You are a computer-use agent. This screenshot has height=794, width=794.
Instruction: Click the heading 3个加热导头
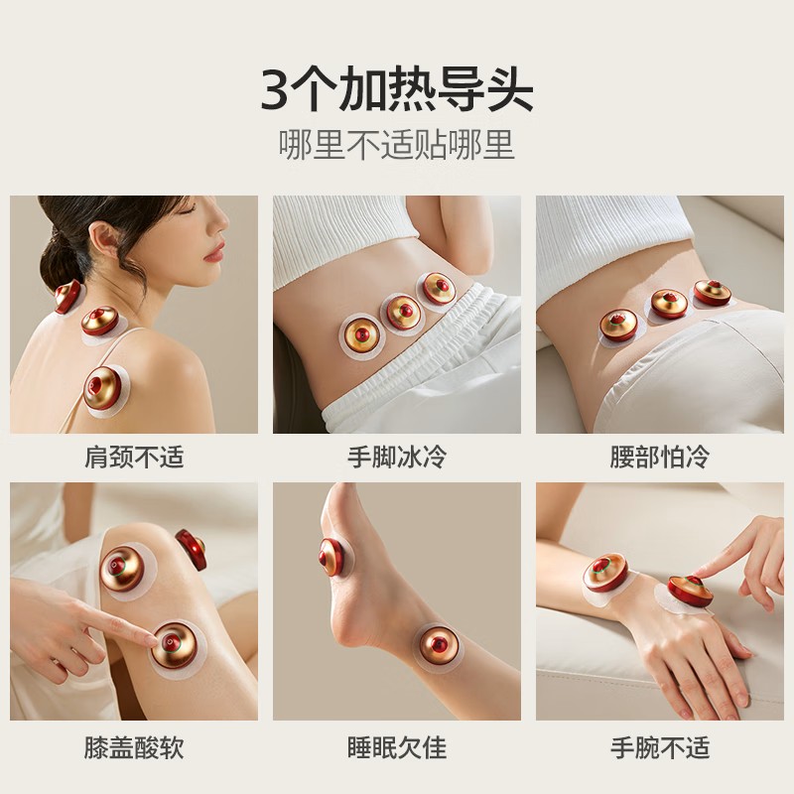396,89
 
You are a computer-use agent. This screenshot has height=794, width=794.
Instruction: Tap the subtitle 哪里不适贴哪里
396,145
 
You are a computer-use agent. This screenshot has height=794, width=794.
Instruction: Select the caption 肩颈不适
134,459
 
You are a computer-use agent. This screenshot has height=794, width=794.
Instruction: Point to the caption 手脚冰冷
396,459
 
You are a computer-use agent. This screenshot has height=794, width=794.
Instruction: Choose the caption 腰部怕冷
660,459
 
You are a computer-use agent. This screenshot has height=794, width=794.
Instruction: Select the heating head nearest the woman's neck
67,296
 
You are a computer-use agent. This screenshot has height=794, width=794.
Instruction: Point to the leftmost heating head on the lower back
619,325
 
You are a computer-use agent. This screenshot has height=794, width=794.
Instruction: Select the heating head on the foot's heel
331,556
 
